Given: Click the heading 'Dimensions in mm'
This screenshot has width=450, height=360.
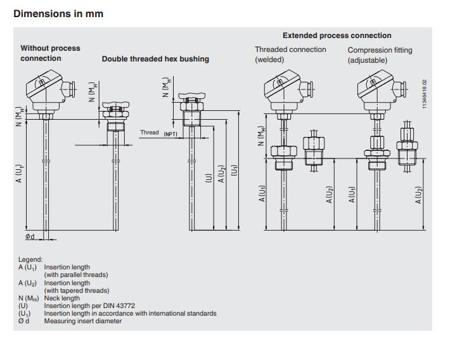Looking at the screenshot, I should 58,13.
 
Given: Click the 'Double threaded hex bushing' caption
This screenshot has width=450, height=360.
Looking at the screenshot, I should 155,59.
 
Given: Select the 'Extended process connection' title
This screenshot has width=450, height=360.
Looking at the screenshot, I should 337,35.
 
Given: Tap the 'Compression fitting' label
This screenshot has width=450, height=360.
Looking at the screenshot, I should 380,50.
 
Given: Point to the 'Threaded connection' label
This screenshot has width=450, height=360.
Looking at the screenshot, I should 290,49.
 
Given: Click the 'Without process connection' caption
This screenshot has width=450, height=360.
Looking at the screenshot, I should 50,53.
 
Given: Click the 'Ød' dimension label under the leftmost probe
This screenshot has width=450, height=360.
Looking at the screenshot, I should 30,236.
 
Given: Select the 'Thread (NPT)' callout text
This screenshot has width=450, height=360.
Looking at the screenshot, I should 158,133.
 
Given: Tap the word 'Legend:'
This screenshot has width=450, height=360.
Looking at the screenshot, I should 30,259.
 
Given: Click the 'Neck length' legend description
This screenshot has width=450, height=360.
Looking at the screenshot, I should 62,298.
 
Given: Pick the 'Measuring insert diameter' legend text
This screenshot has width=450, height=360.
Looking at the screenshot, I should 83,321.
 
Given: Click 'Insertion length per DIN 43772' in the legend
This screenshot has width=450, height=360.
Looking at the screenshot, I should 89,305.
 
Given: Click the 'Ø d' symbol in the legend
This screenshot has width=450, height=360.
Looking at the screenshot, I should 24,321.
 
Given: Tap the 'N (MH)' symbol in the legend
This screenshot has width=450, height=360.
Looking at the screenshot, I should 27,298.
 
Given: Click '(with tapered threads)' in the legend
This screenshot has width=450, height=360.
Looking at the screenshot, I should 76,290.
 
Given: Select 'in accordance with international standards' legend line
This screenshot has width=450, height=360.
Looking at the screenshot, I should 130,313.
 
